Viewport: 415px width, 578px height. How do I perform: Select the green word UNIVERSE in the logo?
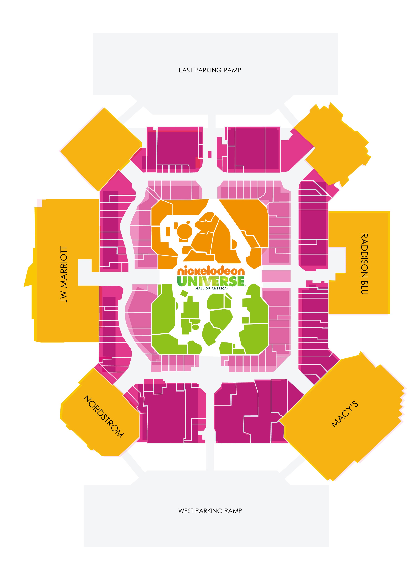pyautogui.click(x=211, y=281)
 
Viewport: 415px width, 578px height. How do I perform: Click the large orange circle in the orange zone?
pyautogui.click(x=185, y=231)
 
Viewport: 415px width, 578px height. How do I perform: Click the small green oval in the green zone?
pyautogui.click(x=196, y=327)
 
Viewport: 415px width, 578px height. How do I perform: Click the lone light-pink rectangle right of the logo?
pyautogui.click(x=276, y=276)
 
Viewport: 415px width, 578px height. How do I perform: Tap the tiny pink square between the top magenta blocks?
pyautogui.click(x=210, y=154)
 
